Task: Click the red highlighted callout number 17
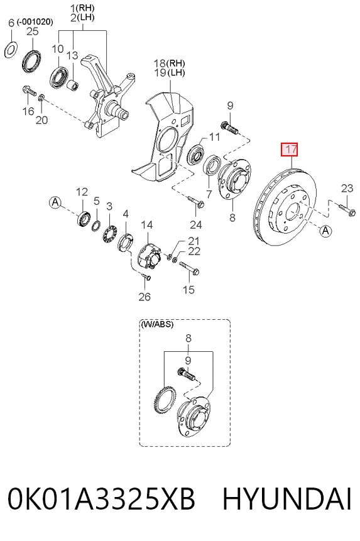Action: coord(289,150)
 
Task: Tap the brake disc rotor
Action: coord(285,207)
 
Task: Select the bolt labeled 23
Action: coord(347,210)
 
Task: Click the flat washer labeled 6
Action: coord(11,50)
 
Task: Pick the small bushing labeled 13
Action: coord(72,85)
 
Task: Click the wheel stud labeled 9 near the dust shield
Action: coord(229,128)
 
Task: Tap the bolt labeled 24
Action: coord(196,202)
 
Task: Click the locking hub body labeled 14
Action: coord(149,255)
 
